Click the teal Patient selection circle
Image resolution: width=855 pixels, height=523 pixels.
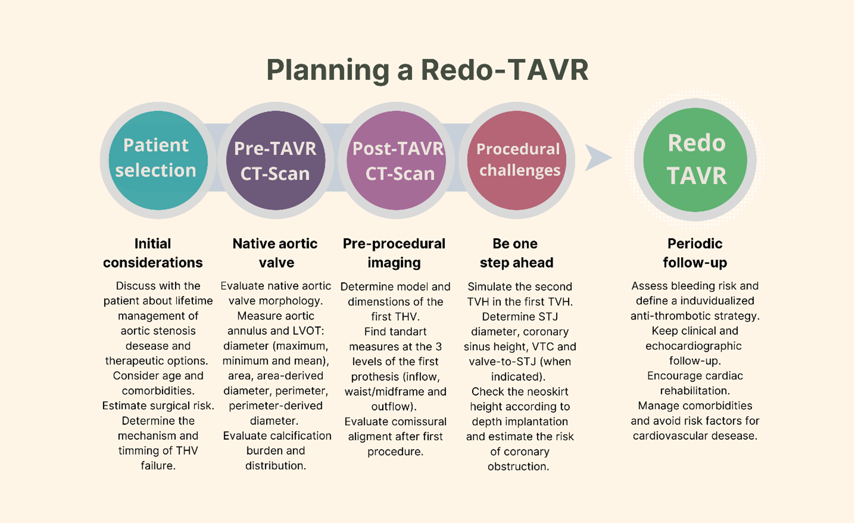(x=158, y=160)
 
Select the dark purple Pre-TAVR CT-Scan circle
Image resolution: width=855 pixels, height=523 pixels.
(x=275, y=160)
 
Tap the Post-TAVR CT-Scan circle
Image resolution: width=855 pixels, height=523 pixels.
(x=396, y=160)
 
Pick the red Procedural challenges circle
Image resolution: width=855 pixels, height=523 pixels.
(x=517, y=160)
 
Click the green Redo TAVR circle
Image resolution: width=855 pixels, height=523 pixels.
(x=695, y=160)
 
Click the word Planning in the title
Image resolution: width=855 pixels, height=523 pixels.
(x=328, y=71)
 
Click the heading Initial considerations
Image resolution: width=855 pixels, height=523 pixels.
(x=153, y=253)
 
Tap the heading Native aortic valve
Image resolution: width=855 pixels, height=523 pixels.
(x=275, y=253)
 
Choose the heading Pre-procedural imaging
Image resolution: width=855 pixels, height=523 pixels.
(x=394, y=253)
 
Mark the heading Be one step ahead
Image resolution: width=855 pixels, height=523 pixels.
(x=516, y=253)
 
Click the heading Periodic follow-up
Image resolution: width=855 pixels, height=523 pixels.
(x=695, y=253)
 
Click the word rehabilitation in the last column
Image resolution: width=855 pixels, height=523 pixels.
(x=695, y=391)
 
